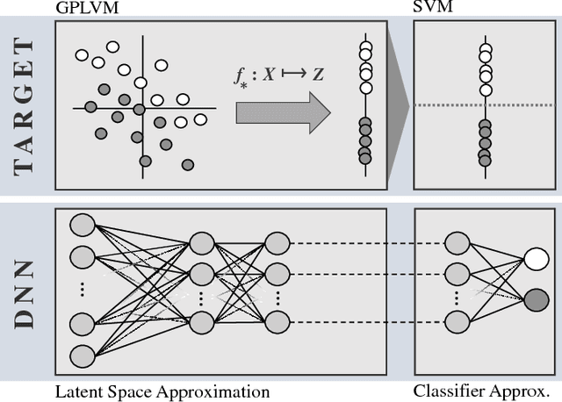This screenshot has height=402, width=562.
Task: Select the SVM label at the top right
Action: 429,7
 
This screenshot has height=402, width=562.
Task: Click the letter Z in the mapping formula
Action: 318,75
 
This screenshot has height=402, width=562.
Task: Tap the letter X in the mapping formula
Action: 268,75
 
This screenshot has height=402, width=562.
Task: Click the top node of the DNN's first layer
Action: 82,223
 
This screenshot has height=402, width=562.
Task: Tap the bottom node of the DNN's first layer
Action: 82,356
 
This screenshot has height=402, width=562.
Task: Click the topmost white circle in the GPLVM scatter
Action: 112,47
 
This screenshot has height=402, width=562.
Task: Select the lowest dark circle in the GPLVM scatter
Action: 187,164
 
